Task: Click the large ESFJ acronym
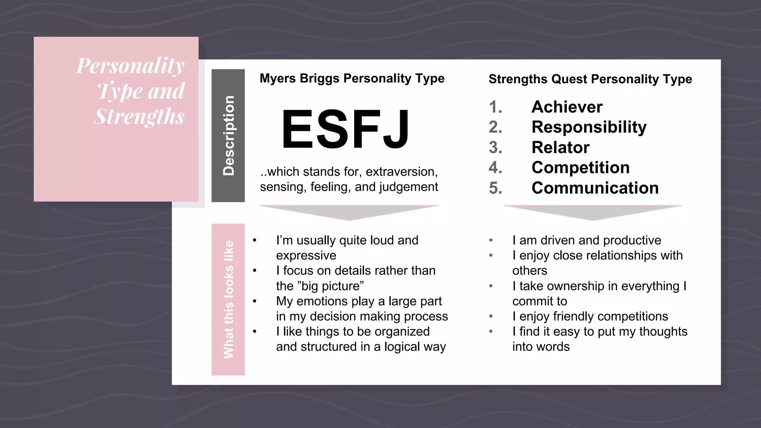[x=346, y=129]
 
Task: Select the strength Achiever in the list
[x=567, y=107]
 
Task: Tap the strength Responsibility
[x=589, y=127]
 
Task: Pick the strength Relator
[x=560, y=147]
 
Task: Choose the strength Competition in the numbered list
[x=580, y=168]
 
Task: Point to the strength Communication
[x=595, y=188]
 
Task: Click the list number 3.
[x=495, y=147]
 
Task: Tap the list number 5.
[x=495, y=188]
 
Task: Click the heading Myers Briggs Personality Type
[x=352, y=78]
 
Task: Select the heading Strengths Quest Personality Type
[x=590, y=79]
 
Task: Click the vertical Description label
[x=228, y=136]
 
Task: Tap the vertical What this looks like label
[x=228, y=299]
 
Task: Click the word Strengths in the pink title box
[x=140, y=116]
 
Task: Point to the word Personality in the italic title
[x=130, y=66]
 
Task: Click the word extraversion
[x=401, y=172]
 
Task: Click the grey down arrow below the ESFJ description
[x=349, y=212]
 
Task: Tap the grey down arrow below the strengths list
[x=593, y=212]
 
